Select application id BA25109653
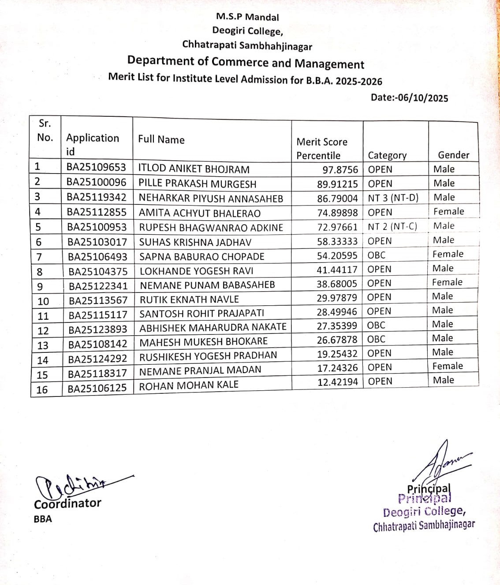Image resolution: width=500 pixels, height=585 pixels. coord(96,168)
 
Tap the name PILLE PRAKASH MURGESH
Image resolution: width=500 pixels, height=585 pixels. coord(197,183)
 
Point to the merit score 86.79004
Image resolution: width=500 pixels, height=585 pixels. coord(337,198)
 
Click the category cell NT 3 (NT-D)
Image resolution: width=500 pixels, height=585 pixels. coord(393,198)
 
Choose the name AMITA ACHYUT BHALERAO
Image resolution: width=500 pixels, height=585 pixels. coord(200,213)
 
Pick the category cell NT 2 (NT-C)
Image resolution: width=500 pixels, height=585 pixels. coord(392,226)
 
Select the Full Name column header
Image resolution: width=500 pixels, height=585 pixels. coord(161,140)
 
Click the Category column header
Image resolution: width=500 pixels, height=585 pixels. coord(387,155)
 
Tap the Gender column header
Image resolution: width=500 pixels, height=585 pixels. coord(453,155)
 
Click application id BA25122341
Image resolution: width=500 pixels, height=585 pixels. coord(98,286)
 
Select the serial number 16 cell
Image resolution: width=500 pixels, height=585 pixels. coord(42,390)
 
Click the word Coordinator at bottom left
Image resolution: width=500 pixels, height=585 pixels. coord(67,504)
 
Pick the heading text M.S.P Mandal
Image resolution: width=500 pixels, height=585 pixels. coord(247,17)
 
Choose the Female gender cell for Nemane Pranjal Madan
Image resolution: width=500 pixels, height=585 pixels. coord(448,366)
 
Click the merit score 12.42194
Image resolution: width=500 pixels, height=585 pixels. coord(337,382)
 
